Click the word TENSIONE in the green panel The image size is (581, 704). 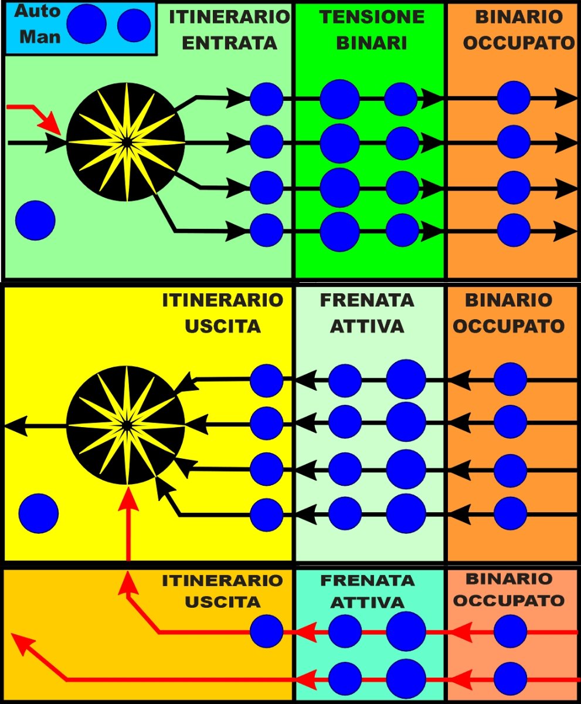coord(372,17)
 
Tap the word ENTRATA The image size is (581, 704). coord(229,43)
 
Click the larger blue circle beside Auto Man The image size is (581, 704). coord(86,24)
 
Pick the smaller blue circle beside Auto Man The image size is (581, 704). coord(134,25)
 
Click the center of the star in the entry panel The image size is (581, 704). coord(126,142)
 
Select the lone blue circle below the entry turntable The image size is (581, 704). coord(35,220)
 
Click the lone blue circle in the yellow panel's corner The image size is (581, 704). coord(39,513)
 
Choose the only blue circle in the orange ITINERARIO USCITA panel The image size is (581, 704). coord(267,632)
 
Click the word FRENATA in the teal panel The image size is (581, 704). coord(367,581)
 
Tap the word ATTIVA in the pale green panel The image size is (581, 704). coord(367,326)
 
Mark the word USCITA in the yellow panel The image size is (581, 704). coord(223,326)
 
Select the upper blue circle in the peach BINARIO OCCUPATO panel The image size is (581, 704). coord(510,632)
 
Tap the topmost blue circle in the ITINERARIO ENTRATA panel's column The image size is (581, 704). coord(267,99)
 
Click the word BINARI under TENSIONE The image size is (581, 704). coord(372,43)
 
